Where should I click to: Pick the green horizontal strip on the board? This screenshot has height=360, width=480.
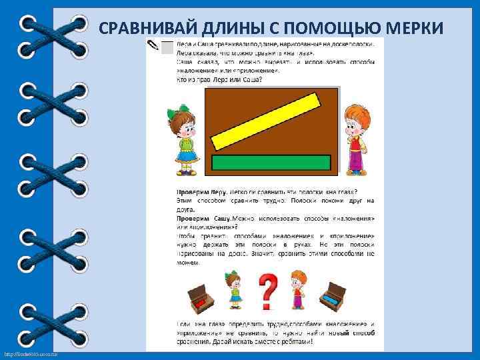[x=271, y=162]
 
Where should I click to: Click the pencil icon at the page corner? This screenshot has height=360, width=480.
[x=155, y=45]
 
